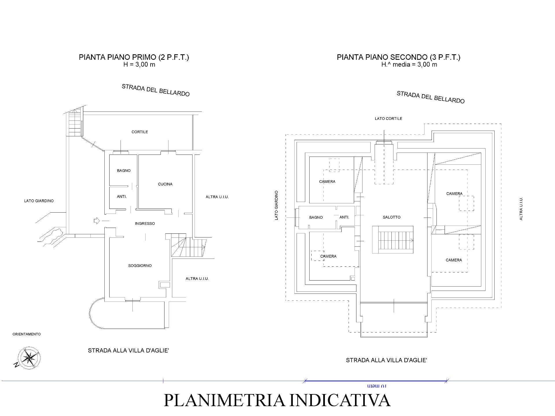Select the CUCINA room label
tap(165, 184)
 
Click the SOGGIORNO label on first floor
tap(140, 265)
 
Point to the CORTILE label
tap(140, 132)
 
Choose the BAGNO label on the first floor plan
tap(124, 170)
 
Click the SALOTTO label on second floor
tap(392, 217)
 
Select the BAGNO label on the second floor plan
tap(316, 217)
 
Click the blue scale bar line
tap(375, 381)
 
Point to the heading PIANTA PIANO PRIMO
tap(134, 57)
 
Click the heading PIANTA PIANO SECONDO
tap(398, 57)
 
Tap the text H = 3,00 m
tap(139, 64)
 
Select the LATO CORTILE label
tap(388, 118)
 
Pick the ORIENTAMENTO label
tap(27, 334)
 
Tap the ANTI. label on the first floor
tap(122, 196)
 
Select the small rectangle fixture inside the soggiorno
tap(164, 285)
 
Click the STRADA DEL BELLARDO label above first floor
tap(156, 90)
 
